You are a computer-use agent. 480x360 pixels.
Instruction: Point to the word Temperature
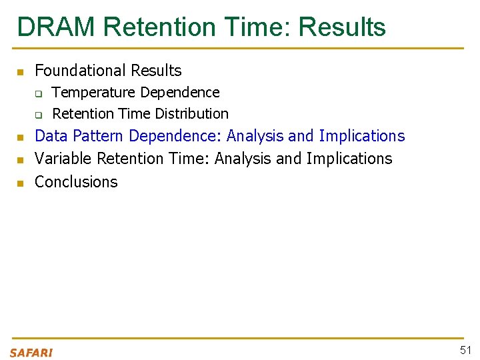tap(94, 92)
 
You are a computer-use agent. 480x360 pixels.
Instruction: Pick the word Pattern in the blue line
tap(99, 136)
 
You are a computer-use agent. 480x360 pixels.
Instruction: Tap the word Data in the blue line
tap(51, 136)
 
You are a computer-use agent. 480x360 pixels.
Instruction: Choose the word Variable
tap(63, 159)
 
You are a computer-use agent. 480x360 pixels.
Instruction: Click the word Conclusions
tap(76, 182)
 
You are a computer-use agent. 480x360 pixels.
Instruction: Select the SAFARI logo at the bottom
tap(31, 353)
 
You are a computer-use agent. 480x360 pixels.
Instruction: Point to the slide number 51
tap(465, 351)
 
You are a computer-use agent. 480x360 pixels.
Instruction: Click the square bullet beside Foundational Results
tap(20, 71)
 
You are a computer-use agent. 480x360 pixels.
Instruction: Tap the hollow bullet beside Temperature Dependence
tap(39, 93)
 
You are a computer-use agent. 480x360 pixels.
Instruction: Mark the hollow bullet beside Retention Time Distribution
tap(39, 114)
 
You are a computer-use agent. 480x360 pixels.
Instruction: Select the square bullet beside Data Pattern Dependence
tap(20, 137)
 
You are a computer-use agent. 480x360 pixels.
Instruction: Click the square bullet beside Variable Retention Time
tap(20, 159)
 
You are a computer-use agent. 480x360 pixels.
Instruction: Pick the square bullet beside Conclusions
tap(20, 183)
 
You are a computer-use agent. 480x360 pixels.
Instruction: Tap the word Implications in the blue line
tap(361, 136)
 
